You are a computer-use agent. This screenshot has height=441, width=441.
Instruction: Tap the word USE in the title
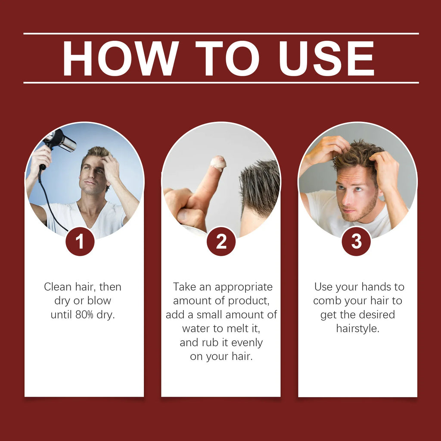click(326, 58)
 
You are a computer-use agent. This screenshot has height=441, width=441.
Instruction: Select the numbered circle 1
click(80, 241)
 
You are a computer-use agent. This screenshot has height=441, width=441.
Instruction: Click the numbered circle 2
click(221, 241)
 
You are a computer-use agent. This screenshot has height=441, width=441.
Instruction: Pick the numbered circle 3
click(356, 241)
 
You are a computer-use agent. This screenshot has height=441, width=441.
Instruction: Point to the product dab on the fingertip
click(218, 163)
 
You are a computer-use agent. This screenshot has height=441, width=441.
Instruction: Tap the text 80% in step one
click(84, 314)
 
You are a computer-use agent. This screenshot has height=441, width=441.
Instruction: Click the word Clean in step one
click(58, 287)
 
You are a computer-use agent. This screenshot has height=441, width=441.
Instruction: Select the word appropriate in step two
click(244, 287)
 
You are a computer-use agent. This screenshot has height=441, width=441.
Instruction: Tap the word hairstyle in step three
click(358, 329)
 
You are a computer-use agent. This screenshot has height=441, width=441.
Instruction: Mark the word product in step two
click(248, 301)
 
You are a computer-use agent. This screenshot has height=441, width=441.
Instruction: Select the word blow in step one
click(99, 301)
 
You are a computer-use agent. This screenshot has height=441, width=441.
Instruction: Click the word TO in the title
click(227, 58)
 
